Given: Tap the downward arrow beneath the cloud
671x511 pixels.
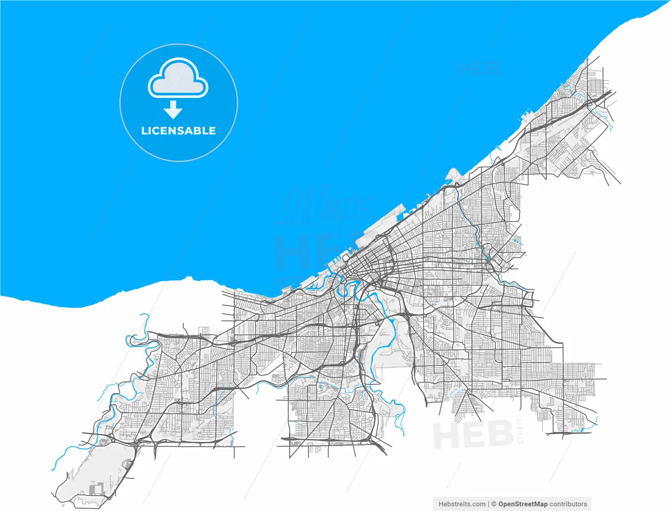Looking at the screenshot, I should (x=172, y=110).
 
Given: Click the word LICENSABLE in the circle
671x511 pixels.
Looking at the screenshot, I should (x=178, y=131).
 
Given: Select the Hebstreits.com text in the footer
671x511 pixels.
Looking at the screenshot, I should (x=462, y=504).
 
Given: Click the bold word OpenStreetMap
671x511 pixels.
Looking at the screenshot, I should (x=523, y=504).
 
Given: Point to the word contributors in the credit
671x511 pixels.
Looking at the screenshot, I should (x=568, y=504).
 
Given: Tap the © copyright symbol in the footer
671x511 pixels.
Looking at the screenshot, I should (x=494, y=504).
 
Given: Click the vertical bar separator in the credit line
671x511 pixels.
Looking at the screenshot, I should (x=489, y=504).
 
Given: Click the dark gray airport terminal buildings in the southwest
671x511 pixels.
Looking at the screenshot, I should (x=95, y=490).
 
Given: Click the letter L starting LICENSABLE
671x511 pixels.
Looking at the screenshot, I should (x=144, y=131).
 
